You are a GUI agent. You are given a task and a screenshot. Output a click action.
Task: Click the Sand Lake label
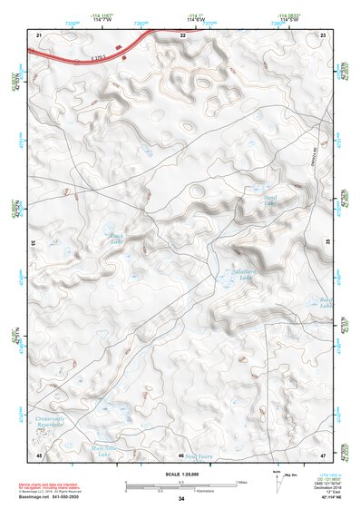[x=269, y=201]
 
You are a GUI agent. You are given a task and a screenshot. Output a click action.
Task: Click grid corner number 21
[x=39, y=34]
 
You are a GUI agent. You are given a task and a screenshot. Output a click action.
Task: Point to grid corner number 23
[x=324, y=34]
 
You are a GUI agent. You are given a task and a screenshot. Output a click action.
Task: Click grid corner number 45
[x=39, y=454]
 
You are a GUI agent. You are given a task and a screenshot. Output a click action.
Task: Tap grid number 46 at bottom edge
[x=181, y=455]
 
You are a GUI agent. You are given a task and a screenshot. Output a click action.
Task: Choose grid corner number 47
[x=324, y=454]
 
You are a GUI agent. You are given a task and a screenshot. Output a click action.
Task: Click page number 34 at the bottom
[x=181, y=499]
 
